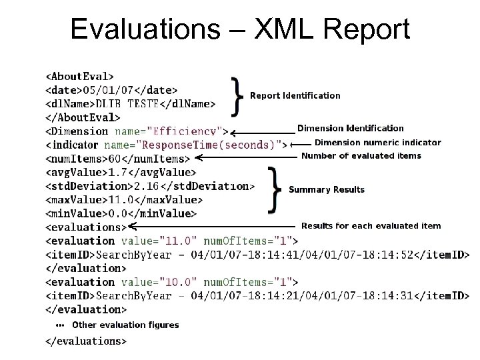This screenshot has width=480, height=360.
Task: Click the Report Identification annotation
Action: (295, 95)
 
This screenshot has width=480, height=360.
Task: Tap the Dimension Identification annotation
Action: (350, 128)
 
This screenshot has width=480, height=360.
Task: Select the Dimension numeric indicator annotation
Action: (377, 142)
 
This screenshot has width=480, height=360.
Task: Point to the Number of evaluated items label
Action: (361, 156)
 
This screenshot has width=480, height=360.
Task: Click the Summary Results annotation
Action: (327, 189)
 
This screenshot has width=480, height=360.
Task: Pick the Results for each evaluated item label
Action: (371, 226)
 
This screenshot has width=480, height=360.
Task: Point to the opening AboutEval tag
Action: (79, 76)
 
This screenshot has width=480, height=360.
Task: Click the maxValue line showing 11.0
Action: (123, 200)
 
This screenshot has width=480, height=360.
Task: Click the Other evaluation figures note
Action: (125, 325)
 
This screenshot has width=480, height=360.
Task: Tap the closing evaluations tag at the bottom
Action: (85, 341)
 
